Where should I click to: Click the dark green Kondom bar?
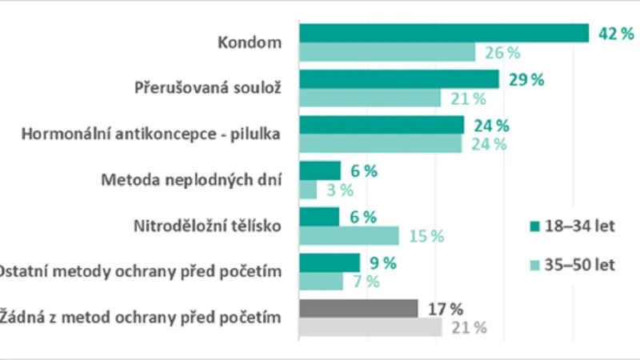coord(444,33)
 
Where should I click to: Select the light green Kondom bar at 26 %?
coord(387,53)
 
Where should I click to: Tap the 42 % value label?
coord(614,34)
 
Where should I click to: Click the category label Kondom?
coord(250,42)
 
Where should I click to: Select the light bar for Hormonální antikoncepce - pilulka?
coord(380,144)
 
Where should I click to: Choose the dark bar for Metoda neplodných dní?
coord(319,171)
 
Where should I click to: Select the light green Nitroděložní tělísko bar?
coord(349,235)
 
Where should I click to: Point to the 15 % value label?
coord(426,236)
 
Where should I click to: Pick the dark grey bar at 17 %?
coord(358,309)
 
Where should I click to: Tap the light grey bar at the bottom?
coord(370,327)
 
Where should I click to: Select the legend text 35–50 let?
coord(582,265)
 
